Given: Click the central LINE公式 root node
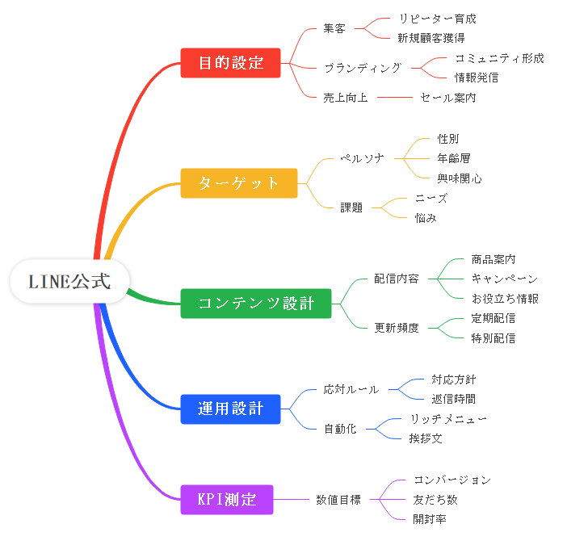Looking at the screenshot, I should [x=69, y=282].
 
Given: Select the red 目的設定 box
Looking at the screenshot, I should [x=230, y=63].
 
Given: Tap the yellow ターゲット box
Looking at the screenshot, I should [x=239, y=183].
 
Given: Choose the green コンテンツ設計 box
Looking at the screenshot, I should [x=255, y=303].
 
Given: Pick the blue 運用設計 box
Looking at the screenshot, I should [x=230, y=409].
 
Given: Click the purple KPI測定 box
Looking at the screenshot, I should [x=226, y=499].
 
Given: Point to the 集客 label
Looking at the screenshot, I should [x=334, y=28].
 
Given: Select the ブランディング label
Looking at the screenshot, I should [x=362, y=68].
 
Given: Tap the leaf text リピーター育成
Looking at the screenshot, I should [x=437, y=18].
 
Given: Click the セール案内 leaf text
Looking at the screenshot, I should [x=447, y=98].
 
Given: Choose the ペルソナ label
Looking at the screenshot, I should [x=362, y=157].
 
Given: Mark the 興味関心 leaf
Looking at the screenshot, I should [x=460, y=178].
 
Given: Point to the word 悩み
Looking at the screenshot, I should [x=426, y=217].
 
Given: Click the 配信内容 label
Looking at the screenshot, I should [x=396, y=279].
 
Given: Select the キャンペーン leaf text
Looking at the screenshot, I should [x=504, y=279].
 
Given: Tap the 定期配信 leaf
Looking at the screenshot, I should [x=493, y=318].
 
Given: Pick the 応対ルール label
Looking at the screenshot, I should [x=351, y=388].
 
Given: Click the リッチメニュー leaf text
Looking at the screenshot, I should [x=448, y=418].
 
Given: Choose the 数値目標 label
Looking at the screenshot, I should [x=338, y=499].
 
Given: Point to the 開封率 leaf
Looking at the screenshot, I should [x=430, y=518].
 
